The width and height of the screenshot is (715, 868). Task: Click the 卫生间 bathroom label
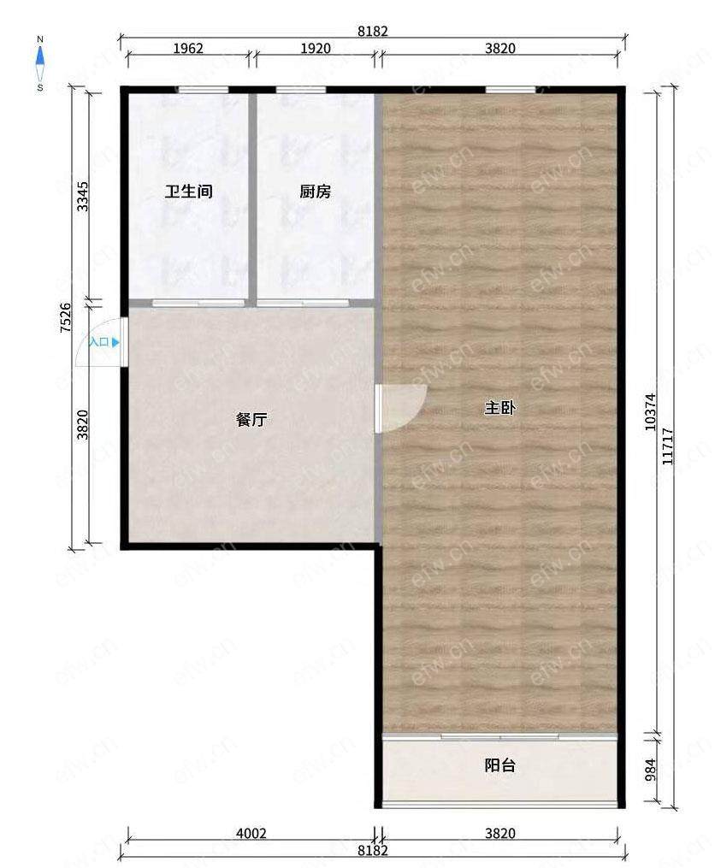189,192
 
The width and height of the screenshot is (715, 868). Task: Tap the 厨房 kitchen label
315,192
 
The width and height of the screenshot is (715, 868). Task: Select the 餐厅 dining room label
251,420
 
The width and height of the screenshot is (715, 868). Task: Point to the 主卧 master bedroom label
500,408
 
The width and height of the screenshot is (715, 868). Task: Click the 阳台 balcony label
500,765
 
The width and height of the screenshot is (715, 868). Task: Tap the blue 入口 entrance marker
104,342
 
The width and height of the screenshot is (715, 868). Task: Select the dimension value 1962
188,48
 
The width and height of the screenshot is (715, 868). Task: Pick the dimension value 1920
316,48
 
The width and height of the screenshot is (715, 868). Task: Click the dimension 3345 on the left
82,197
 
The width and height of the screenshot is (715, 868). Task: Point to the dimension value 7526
65,317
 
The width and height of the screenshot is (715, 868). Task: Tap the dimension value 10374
651,412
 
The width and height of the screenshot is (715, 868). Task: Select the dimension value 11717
667,446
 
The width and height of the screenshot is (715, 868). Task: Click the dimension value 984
651,770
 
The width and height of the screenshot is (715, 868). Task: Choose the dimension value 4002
251,833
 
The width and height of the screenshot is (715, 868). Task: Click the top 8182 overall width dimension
373,32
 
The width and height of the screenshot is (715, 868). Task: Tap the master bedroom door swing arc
416,417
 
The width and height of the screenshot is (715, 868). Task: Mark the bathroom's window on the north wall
204,89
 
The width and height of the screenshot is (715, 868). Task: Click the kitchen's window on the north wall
301,89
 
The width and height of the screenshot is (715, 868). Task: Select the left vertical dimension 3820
82,424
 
